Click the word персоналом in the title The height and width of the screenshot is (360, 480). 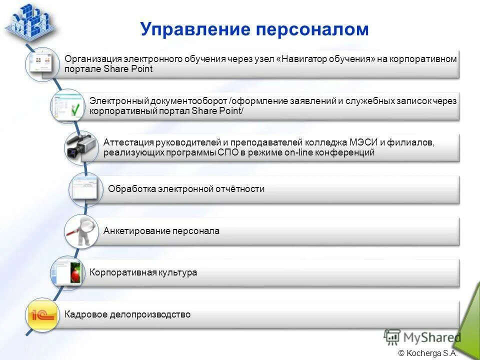pyautogui.click(x=312, y=29)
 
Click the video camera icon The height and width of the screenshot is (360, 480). pyautogui.click(x=80, y=146)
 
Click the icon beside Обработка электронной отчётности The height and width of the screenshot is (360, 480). pyautogui.click(x=85, y=189)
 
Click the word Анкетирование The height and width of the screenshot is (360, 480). pyautogui.click(x=136, y=231)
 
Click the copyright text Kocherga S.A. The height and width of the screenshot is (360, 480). pyautogui.click(x=431, y=353)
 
